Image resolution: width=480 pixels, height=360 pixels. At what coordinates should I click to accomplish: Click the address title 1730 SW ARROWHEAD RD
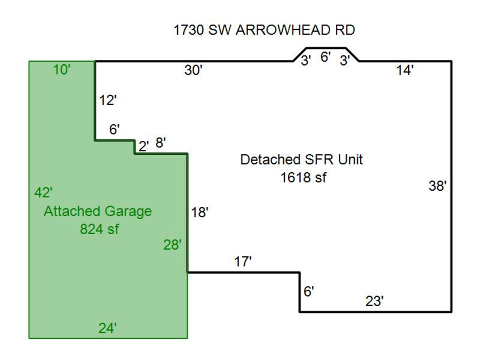[264, 30]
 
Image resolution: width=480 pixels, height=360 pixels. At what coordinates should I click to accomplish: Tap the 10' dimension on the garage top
[62, 70]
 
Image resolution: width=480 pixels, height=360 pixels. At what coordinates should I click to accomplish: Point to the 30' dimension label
[194, 70]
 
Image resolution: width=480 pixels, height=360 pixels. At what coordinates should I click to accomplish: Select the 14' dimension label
[405, 70]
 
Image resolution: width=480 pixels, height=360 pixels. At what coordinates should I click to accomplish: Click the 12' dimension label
[108, 100]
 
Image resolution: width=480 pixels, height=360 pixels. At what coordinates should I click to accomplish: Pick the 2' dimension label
[143, 146]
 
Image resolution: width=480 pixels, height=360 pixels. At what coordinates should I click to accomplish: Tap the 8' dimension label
[161, 142]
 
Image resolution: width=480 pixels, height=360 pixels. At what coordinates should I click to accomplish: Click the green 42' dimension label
[43, 193]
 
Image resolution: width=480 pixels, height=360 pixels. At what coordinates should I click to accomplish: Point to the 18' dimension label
[199, 213]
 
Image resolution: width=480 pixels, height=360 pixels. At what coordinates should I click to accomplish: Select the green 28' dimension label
[172, 245]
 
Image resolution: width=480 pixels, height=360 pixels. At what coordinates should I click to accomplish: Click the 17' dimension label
[243, 261]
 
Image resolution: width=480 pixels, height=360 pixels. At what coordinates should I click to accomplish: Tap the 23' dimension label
[374, 301]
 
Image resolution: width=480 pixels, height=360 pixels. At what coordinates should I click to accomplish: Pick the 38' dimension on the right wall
[437, 186]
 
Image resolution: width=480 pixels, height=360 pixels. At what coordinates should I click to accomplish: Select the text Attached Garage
[98, 211]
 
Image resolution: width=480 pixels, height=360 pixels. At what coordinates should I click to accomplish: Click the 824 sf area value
[99, 229]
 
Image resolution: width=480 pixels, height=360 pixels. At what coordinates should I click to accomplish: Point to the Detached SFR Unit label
[301, 159]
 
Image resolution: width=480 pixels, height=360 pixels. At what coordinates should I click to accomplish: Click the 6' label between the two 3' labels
[325, 57]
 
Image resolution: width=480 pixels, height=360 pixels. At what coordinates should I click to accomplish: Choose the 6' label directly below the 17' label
[309, 291]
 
